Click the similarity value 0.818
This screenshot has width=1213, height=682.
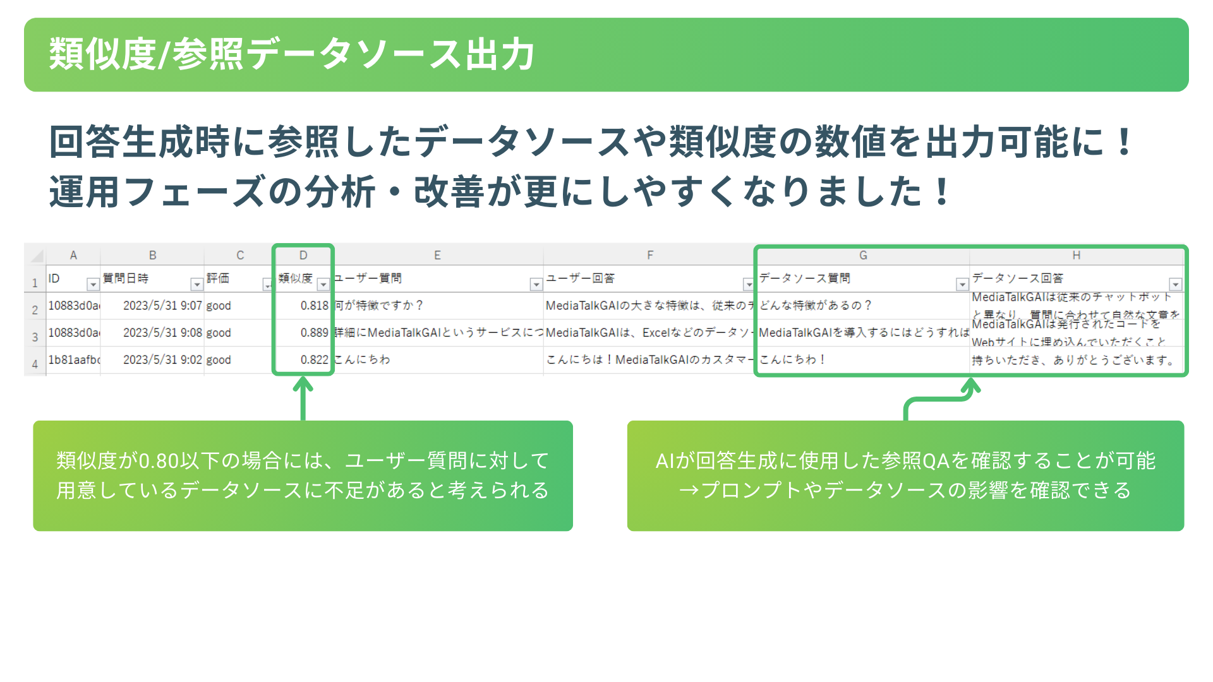[x=314, y=306]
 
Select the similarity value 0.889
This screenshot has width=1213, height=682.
[x=314, y=333]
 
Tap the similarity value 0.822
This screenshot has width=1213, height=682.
[x=314, y=360]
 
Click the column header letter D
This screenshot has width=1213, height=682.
[x=303, y=255]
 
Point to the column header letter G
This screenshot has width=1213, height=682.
[x=863, y=255]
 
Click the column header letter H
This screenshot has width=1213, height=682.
[x=1076, y=255]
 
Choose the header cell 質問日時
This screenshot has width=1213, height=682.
[x=126, y=278]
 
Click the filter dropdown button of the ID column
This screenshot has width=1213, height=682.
[x=93, y=285]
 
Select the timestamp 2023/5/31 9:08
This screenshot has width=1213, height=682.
[x=162, y=333]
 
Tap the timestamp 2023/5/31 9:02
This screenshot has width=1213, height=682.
[x=162, y=360]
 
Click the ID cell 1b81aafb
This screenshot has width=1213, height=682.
[x=74, y=360]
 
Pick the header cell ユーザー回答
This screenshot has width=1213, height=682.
[x=580, y=278]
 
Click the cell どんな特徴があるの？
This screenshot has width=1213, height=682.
[x=815, y=306]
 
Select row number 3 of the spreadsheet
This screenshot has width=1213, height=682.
[x=35, y=337]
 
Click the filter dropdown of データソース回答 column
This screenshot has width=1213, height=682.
[x=1175, y=285]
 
